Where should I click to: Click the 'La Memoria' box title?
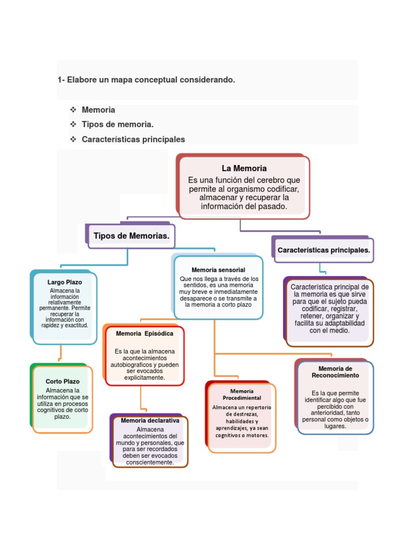click(244, 168)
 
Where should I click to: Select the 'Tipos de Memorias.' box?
click(132, 236)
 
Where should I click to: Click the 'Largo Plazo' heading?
click(64, 282)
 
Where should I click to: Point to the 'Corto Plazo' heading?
click(63, 381)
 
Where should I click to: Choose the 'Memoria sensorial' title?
click(218, 270)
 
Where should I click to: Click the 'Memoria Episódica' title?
click(144, 334)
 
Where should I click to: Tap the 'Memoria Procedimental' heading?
click(241, 394)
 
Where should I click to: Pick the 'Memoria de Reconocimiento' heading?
click(335, 372)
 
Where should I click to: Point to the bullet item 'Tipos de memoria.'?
click(114, 125)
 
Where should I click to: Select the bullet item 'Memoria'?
click(98, 110)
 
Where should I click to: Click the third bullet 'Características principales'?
click(133, 139)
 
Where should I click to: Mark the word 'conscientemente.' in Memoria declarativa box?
click(148, 462)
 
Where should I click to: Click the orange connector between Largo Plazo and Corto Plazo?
click(60, 353)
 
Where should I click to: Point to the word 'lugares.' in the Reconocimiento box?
click(335, 426)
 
